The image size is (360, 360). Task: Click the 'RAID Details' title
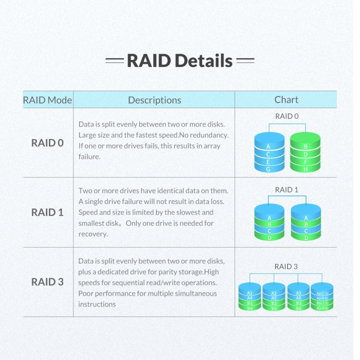(x=180, y=61)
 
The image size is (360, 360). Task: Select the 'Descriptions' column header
(x=154, y=100)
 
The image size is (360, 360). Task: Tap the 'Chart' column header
(x=286, y=99)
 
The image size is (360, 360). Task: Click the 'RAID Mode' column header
(x=48, y=100)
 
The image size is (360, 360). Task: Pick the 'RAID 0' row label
(x=48, y=143)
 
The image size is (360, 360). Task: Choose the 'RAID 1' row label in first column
(x=48, y=212)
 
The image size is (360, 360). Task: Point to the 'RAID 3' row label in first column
(x=48, y=282)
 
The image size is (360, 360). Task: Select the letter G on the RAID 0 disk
(x=268, y=169)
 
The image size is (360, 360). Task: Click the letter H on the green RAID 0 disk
(x=306, y=169)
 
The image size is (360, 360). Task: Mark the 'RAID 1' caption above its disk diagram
(x=286, y=190)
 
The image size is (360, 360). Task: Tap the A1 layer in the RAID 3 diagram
(x=250, y=292)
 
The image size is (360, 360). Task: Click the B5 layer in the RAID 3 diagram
(x=274, y=308)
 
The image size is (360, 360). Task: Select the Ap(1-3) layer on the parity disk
(x=322, y=293)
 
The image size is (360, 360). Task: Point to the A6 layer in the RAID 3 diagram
(x=298, y=298)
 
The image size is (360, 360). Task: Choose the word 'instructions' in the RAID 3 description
(x=97, y=304)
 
